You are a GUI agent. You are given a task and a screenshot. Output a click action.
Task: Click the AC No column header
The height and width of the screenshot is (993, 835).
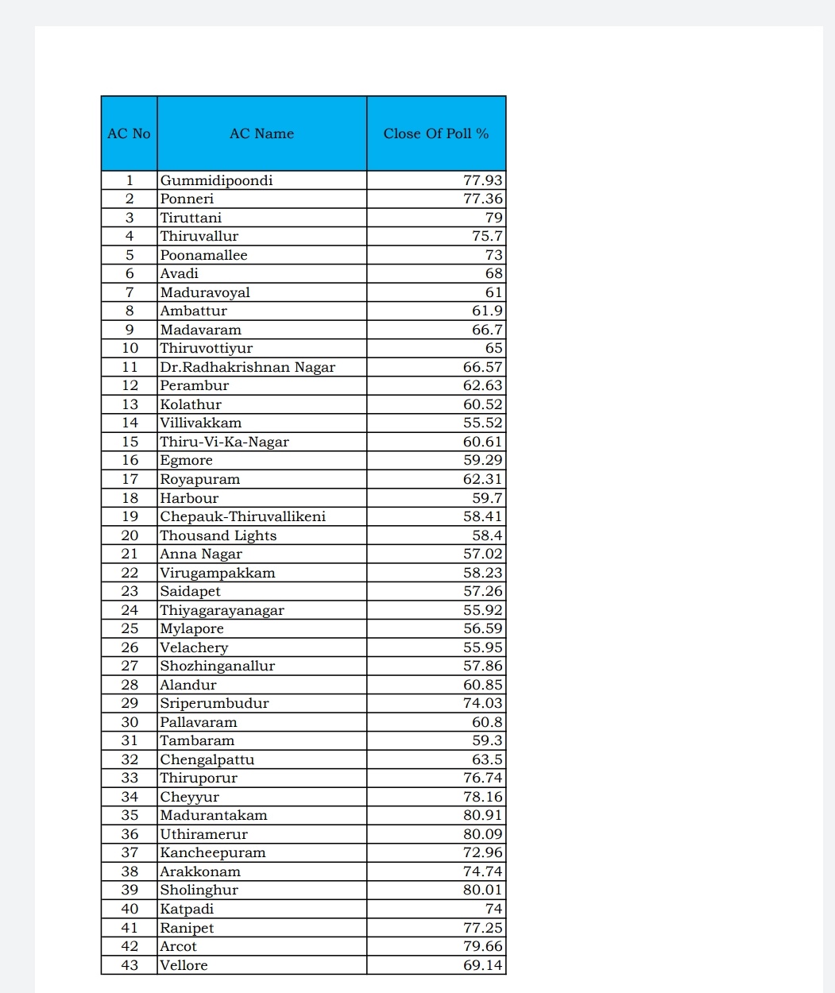click(129, 133)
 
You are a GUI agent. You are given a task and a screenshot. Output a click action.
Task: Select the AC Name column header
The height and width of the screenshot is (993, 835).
click(261, 133)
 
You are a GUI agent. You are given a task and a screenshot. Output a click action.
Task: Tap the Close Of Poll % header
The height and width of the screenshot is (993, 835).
click(436, 133)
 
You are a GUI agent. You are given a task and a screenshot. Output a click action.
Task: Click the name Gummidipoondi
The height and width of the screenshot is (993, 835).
click(216, 180)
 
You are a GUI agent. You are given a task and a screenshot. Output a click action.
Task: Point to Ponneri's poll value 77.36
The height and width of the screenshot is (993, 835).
click(482, 199)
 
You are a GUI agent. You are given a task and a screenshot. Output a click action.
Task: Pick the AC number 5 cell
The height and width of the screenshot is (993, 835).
click(130, 255)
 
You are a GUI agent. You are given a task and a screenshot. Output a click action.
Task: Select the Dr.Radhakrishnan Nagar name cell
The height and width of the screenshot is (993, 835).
click(247, 367)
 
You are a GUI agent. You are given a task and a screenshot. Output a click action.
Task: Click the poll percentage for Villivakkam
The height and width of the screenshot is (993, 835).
click(482, 423)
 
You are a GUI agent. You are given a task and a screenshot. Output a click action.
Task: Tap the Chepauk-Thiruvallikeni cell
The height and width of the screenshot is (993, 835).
click(242, 516)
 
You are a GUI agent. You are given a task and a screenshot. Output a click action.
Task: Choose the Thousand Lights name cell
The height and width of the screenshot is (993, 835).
click(218, 535)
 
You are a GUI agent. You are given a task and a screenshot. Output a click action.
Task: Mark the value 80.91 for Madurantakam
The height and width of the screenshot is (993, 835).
click(482, 815)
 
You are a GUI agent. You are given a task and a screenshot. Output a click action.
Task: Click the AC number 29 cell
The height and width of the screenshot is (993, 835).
click(130, 703)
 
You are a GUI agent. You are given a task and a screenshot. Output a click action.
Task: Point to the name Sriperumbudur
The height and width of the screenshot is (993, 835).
click(215, 703)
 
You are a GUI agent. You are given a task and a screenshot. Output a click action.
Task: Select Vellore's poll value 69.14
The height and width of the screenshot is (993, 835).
click(482, 965)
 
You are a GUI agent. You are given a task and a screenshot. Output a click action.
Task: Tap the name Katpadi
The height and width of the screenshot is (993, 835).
click(187, 909)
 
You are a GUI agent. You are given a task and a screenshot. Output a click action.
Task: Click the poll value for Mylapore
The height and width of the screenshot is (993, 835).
click(482, 628)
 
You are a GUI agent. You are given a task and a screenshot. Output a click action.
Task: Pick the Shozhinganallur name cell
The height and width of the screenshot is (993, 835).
click(217, 666)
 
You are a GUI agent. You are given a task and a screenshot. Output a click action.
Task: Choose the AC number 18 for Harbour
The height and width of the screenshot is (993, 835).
click(130, 498)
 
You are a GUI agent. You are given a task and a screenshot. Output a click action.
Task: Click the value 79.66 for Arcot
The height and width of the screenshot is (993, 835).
click(482, 946)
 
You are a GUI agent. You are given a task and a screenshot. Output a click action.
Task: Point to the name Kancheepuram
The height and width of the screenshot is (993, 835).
click(213, 852)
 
